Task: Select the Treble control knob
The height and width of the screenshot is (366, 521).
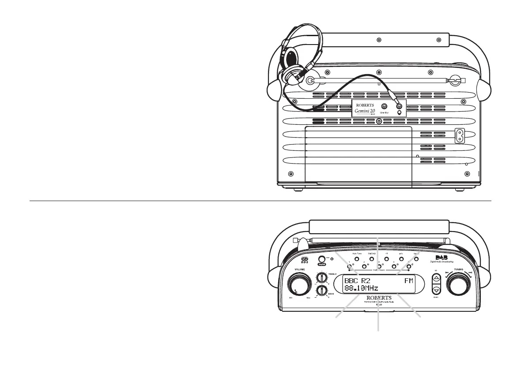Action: coord(321,278)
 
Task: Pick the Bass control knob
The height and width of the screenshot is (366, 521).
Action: coord(321,291)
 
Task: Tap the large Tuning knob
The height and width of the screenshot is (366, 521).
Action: coord(459,284)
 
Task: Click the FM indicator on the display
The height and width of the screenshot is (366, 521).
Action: coord(410,280)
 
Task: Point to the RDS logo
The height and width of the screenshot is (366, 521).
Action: coord(304,260)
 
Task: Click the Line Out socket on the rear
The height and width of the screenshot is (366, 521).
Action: coord(384,106)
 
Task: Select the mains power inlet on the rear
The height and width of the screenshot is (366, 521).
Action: coord(461,135)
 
